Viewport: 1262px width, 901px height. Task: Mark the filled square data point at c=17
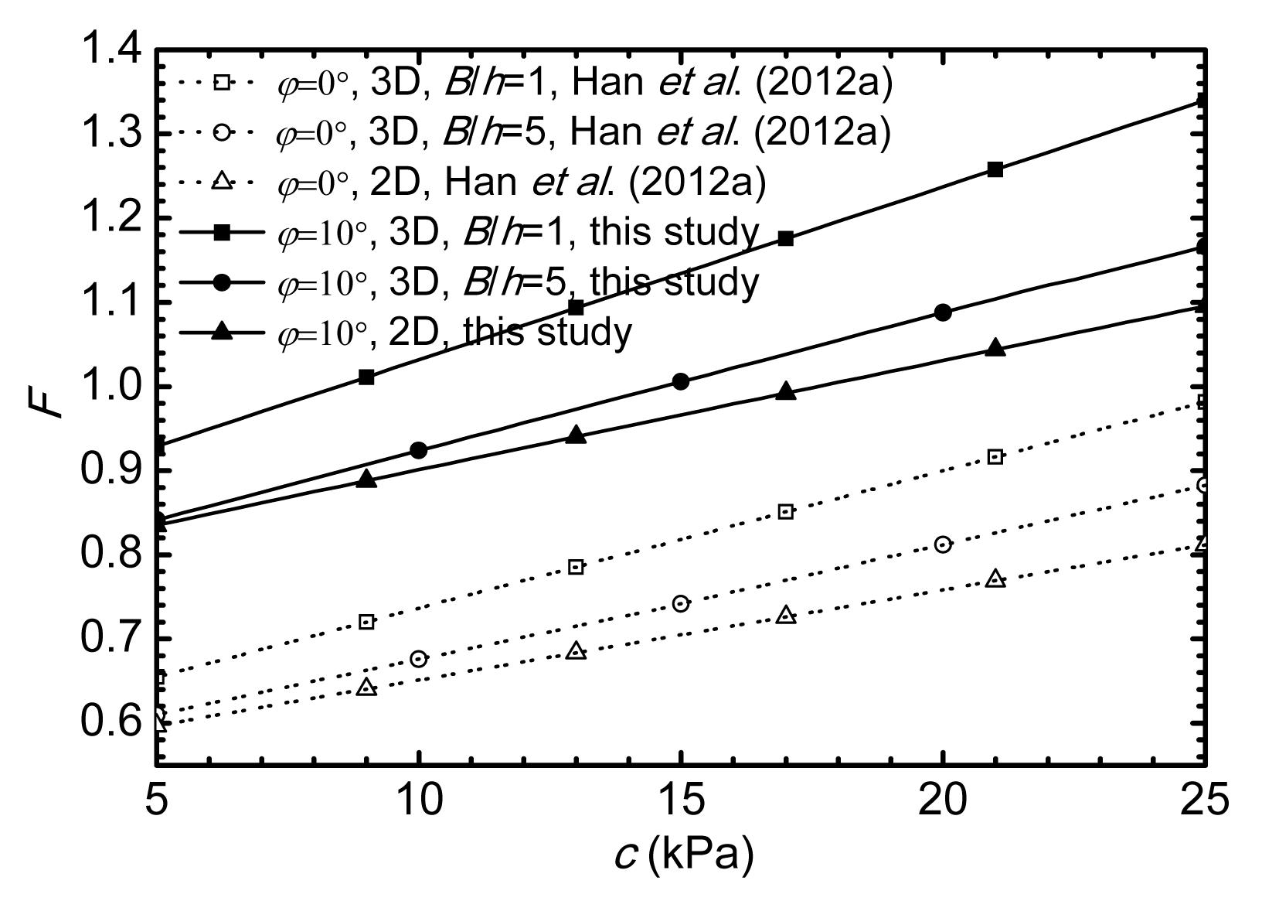click(786, 238)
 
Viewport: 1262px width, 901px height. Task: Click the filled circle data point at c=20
click(943, 312)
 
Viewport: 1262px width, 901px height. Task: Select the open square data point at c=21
click(995, 456)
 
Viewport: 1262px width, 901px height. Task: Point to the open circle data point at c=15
click(681, 603)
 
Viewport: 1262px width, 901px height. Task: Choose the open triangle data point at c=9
click(367, 688)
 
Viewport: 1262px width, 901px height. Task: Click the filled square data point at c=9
click(367, 377)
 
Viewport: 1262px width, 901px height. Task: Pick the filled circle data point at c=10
click(419, 450)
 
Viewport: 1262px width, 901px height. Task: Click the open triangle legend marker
click(221, 183)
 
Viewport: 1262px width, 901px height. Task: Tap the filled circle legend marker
click(221, 282)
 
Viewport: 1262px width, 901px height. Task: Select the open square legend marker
click(221, 83)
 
